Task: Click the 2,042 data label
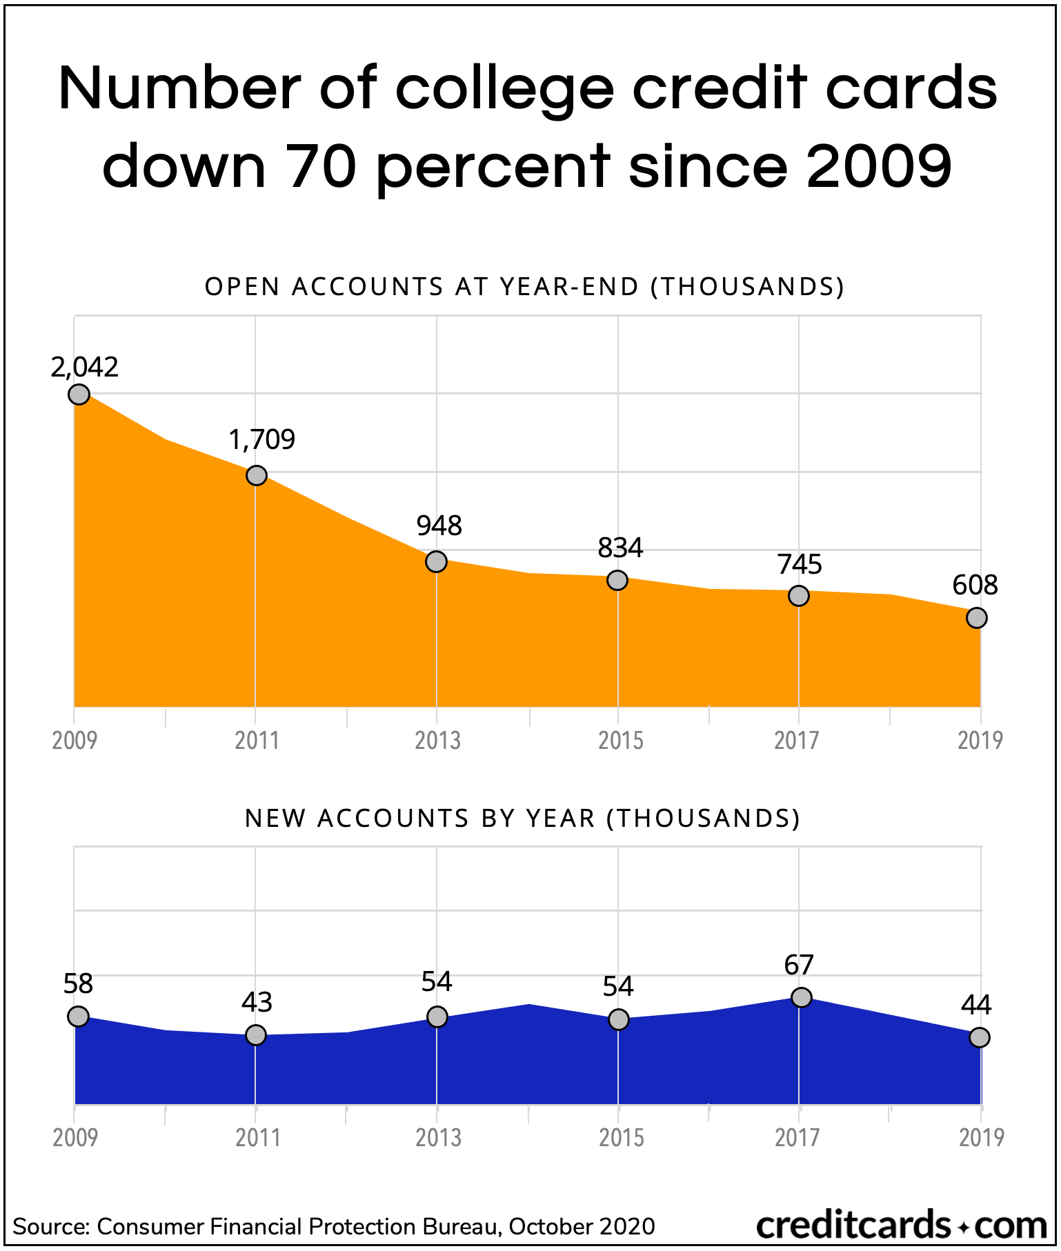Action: pyautogui.click(x=84, y=367)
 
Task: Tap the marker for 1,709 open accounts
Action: pyautogui.click(x=256, y=475)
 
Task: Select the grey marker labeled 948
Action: pyautogui.click(x=436, y=561)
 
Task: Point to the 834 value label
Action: pyautogui.click(x=620, y=548)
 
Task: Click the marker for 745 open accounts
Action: pyautogui.click(x=799, y=595)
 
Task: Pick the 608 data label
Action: pyautogui.click(x=975, y=585)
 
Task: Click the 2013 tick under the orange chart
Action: pyautogui.click(x=437, y=741)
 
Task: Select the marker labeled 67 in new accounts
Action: pyautogui.click(x=801, y=997)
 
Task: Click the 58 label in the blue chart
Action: pyautogui.click(x=78, y=983)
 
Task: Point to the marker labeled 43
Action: pyautogui.click(x=256, y=1034)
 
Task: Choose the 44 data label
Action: pyautogui.click(x=976, y=1005)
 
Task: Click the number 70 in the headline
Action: pyautogui.click(x=322, y=166)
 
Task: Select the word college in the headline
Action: pyautogui.click(x=504, y=90)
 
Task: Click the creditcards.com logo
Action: pyautogui.click(x=901, y=1225)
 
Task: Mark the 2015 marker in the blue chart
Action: pyautogui.click(x=618, y=1019)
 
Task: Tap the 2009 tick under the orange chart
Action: pyautogui.click(x=75, y=741)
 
